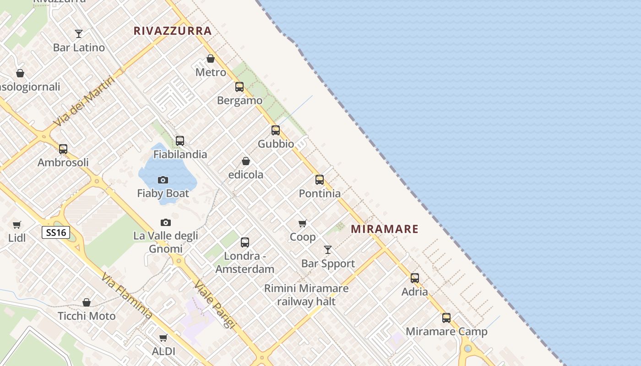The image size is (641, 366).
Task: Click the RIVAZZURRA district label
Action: coord(173,31)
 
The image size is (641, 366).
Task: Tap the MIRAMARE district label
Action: coord(385,229)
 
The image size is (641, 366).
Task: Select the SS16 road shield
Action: coord(56,232)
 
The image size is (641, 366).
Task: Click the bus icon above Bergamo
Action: coord(239,87)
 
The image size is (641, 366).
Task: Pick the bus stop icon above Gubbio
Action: coord(276,130)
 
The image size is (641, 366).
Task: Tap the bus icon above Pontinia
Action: coord(320,180)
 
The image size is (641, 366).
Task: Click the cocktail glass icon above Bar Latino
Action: coord(79,34)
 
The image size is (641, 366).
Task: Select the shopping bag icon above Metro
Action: coord(211,59)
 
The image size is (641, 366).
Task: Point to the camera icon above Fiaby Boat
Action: coord(163,180)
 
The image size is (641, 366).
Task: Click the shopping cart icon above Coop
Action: coord(302,224)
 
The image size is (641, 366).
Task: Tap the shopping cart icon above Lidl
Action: coord(17,225)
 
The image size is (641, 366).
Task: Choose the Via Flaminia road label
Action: coord(127,296)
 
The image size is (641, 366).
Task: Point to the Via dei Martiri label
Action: coord(84,102)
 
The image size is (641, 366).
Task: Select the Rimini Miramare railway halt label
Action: coord(306,295)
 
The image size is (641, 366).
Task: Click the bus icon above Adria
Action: coord(415,278)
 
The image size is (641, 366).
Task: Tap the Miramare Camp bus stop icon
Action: coord(446,318)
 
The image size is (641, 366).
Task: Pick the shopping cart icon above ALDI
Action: coord(163,338)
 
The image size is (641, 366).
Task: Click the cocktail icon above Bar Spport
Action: coord(328,250)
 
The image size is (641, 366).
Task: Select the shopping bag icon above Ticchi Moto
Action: coord(87,302)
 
